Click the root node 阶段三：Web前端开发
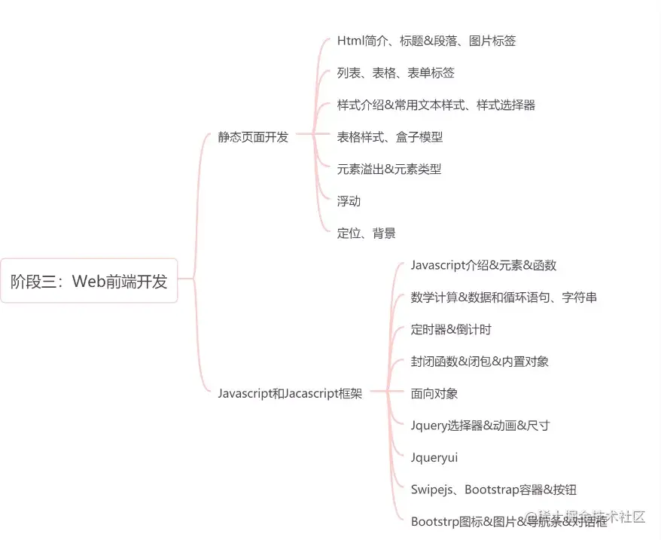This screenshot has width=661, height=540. (x=89, y=282)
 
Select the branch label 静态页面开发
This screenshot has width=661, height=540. (x=253, y=137)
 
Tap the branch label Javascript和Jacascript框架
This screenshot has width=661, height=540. (x=290, y=393)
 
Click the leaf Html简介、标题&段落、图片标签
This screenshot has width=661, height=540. (x=426, y=41)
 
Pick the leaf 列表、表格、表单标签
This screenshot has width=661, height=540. (x=395, y=73)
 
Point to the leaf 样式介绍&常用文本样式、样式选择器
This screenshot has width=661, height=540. (x=436, y=105)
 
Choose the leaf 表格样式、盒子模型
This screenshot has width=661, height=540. (x=389, y=137)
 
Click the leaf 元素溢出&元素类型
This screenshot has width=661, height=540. (x=388, y=169)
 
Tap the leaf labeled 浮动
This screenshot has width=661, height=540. (x=349, y=201)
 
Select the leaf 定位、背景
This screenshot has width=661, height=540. (x=366, y=233)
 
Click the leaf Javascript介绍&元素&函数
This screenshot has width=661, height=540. (x=483, y=265)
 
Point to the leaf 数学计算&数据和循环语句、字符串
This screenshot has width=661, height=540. (x=504, y=297)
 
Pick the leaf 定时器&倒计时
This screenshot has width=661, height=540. (x=451, y=329)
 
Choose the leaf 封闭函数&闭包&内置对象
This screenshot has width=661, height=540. (x=480, y=362)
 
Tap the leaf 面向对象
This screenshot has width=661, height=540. (x=434, y=393)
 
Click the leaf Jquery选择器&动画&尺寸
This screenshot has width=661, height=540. (x=480, y=426)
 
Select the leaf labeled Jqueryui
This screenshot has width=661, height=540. (x=434, y=457)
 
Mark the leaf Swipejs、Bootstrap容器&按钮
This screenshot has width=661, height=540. (x=493, y=490)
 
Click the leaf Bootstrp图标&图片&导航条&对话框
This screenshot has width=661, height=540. (x=508, y=521)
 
